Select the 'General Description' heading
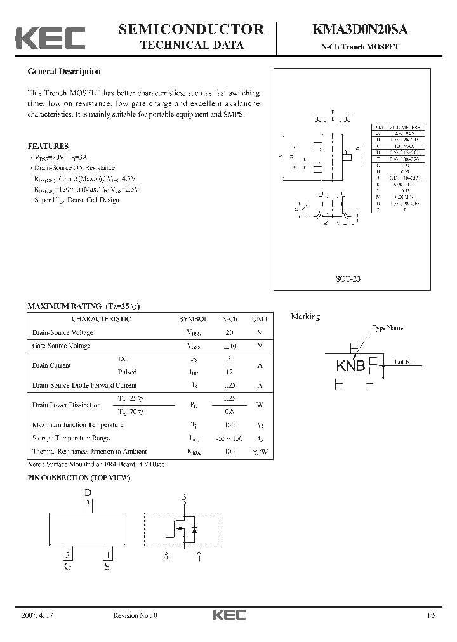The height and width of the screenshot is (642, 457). tap(63, 72)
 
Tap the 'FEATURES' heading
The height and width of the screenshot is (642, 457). tap(48, 146)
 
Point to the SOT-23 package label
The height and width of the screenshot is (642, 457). tap(347, 278)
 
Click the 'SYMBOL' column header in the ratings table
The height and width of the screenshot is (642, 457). tap(194, 319)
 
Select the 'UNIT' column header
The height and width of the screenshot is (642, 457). tap(260, 319)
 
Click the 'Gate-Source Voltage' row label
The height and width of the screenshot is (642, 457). tap(61, 346)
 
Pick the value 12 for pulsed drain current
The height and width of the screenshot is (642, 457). tap(229, 372)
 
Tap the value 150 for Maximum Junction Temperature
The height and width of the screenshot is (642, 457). tap(229, 425)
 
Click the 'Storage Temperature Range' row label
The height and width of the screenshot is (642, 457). tap(70, 438)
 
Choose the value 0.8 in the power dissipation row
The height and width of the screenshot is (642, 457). tap(229, 412)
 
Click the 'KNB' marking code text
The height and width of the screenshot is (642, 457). tap(350, 366)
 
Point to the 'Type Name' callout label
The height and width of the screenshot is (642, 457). tap(387, 329)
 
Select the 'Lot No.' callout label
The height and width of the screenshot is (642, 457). tap(404, 362)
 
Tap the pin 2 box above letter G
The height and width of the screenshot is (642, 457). tap(67, 554)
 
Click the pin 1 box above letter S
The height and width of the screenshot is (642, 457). tap(108, 554)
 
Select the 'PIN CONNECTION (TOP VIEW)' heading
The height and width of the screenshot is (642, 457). tap(79, 478)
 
